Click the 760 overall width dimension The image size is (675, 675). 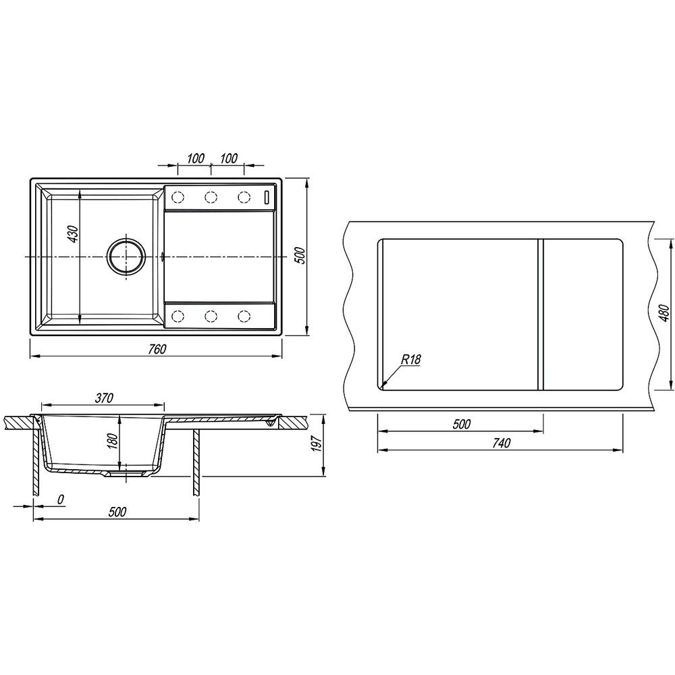point(157,349)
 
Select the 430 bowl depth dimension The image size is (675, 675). point(74,234)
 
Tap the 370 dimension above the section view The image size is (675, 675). point(104,398)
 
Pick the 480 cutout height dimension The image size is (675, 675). point(664,313)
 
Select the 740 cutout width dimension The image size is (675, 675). point(501,443)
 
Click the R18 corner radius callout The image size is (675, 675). point(410,359)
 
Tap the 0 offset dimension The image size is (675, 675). point(61,500)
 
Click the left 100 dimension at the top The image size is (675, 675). point(196,159)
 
